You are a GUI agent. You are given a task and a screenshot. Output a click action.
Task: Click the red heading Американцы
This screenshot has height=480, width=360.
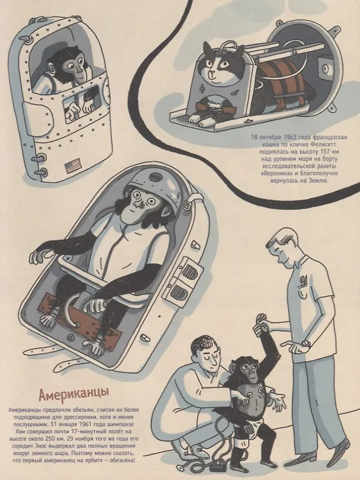(x=73, y=395)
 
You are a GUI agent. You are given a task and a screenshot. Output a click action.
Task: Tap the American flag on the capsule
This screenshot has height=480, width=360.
(x=72, y=167)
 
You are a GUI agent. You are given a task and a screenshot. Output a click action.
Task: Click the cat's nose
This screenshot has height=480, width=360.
(x=211, y=73)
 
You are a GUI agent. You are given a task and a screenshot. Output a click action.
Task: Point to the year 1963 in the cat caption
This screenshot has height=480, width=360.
(x=286, y=137)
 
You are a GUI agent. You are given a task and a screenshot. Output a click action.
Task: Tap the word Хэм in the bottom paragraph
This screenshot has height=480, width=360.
(x=20, y=431)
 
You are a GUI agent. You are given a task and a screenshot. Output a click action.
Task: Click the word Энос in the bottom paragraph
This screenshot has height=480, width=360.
(x=38, y=446)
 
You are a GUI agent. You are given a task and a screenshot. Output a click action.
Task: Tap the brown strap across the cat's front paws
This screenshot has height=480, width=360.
(x=216, y=108)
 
